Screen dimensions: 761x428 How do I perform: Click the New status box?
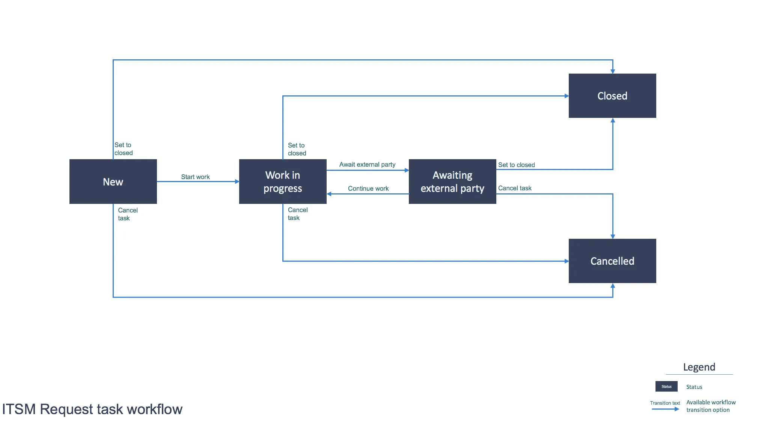click(113, 182)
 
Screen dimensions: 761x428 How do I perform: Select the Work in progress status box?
click(283, 182)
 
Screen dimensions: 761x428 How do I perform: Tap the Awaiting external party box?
click(452, 182)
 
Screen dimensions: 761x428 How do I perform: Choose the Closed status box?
click(612, 96)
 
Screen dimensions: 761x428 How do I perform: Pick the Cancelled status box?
click(612, 261)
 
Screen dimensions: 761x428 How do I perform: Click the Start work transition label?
click(195, 177)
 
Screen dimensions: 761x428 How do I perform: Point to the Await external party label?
click(367, 164)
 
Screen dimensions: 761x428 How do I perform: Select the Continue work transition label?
click(368, 188)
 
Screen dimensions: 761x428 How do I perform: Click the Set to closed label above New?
click(124, 149)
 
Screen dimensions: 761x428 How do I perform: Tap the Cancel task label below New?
click(128, 214)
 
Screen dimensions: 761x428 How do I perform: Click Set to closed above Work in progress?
click(297, 149)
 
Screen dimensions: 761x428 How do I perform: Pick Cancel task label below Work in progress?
click(298, 214)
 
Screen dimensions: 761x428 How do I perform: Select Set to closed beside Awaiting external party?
click(517, 165)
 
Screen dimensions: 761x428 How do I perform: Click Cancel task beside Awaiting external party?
click(515, 188)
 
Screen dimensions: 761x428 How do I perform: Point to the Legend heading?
click(699, 367)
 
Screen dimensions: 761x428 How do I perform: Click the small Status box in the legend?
click(666, 386)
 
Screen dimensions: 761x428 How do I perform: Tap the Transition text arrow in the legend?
click(665, 409)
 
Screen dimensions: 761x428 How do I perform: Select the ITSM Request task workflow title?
click(92, 409)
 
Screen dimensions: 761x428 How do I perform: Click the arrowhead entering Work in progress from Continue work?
click(329, 194)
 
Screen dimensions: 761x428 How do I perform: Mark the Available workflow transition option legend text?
click(711, 406)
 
